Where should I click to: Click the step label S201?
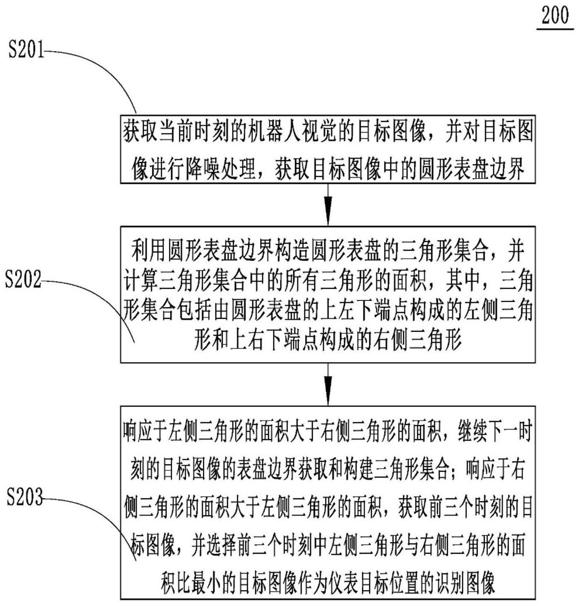click(x=26, y=49)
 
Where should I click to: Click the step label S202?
click(x=23, y=279)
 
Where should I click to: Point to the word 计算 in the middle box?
click(x=140, y=281)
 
